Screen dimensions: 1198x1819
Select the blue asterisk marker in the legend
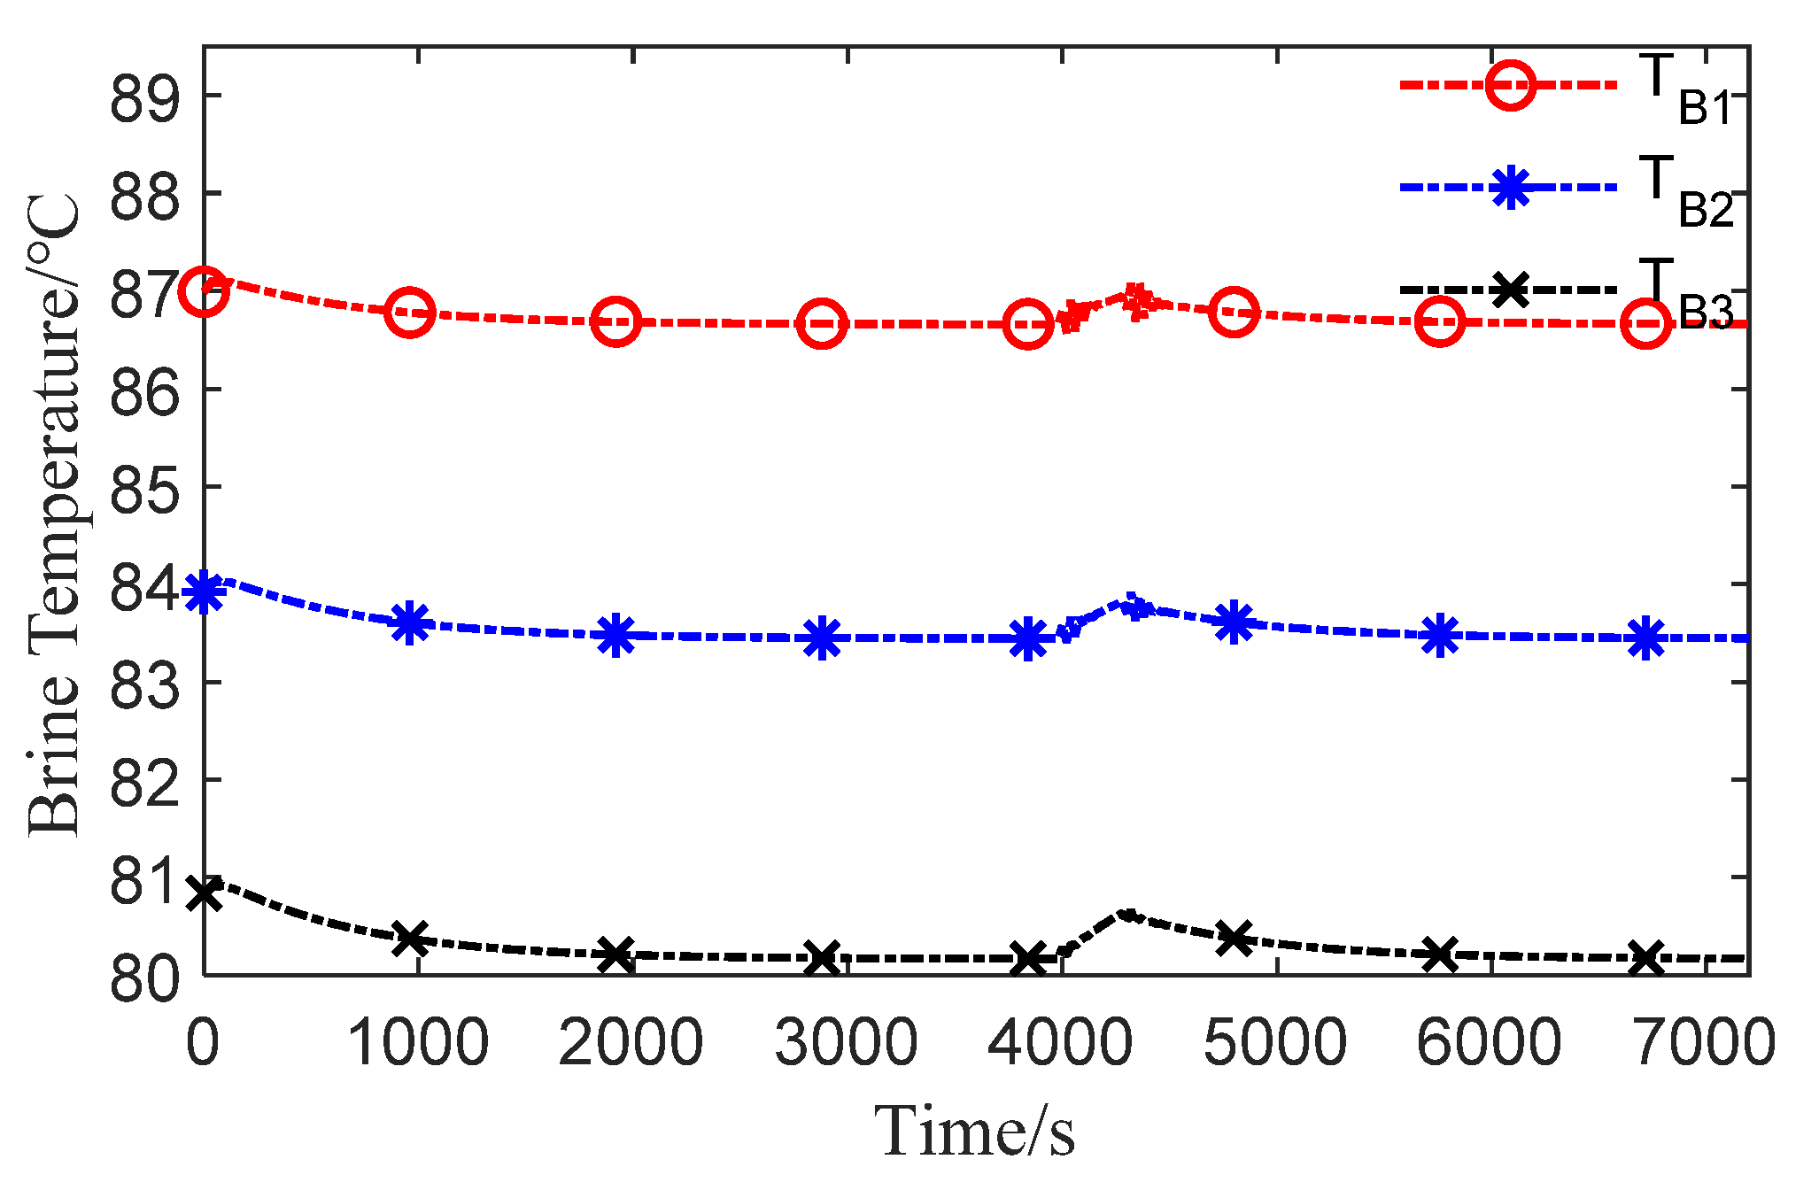coord(1511,188)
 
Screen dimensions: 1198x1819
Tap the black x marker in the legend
coord(1511,290)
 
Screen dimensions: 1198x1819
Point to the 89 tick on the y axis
coord(143,97)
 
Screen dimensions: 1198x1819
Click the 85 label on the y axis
coord(143,488)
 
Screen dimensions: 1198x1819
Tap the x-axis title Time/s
coord(974,1132)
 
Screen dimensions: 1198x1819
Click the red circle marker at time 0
coord(204,291)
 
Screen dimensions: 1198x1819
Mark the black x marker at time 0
coord(204,893)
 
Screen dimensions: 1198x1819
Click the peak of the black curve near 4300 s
coord(1127,913)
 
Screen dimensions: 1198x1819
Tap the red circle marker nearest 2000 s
coord(615,321)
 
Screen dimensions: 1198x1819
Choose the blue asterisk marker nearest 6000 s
coord(1440,635)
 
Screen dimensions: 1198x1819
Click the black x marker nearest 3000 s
coord(822,957)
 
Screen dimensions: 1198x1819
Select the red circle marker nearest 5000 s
coord(1234,312)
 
